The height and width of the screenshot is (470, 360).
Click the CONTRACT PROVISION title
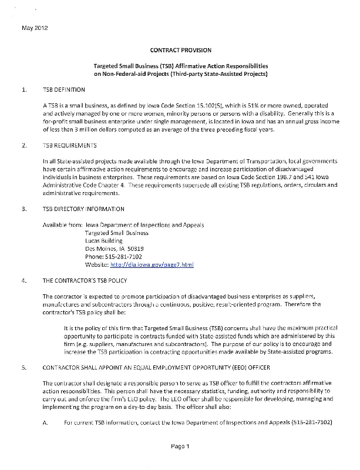(x=181, y=51)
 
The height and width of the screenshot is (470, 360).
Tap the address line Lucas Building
(x=104, y=241)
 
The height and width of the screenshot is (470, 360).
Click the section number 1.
(x=24, y=89)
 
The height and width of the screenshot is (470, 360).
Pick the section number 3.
(x=24, y=209)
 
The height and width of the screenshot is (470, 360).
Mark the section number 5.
(x=24, y=368)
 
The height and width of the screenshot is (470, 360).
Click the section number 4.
(x=24, y=281)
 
